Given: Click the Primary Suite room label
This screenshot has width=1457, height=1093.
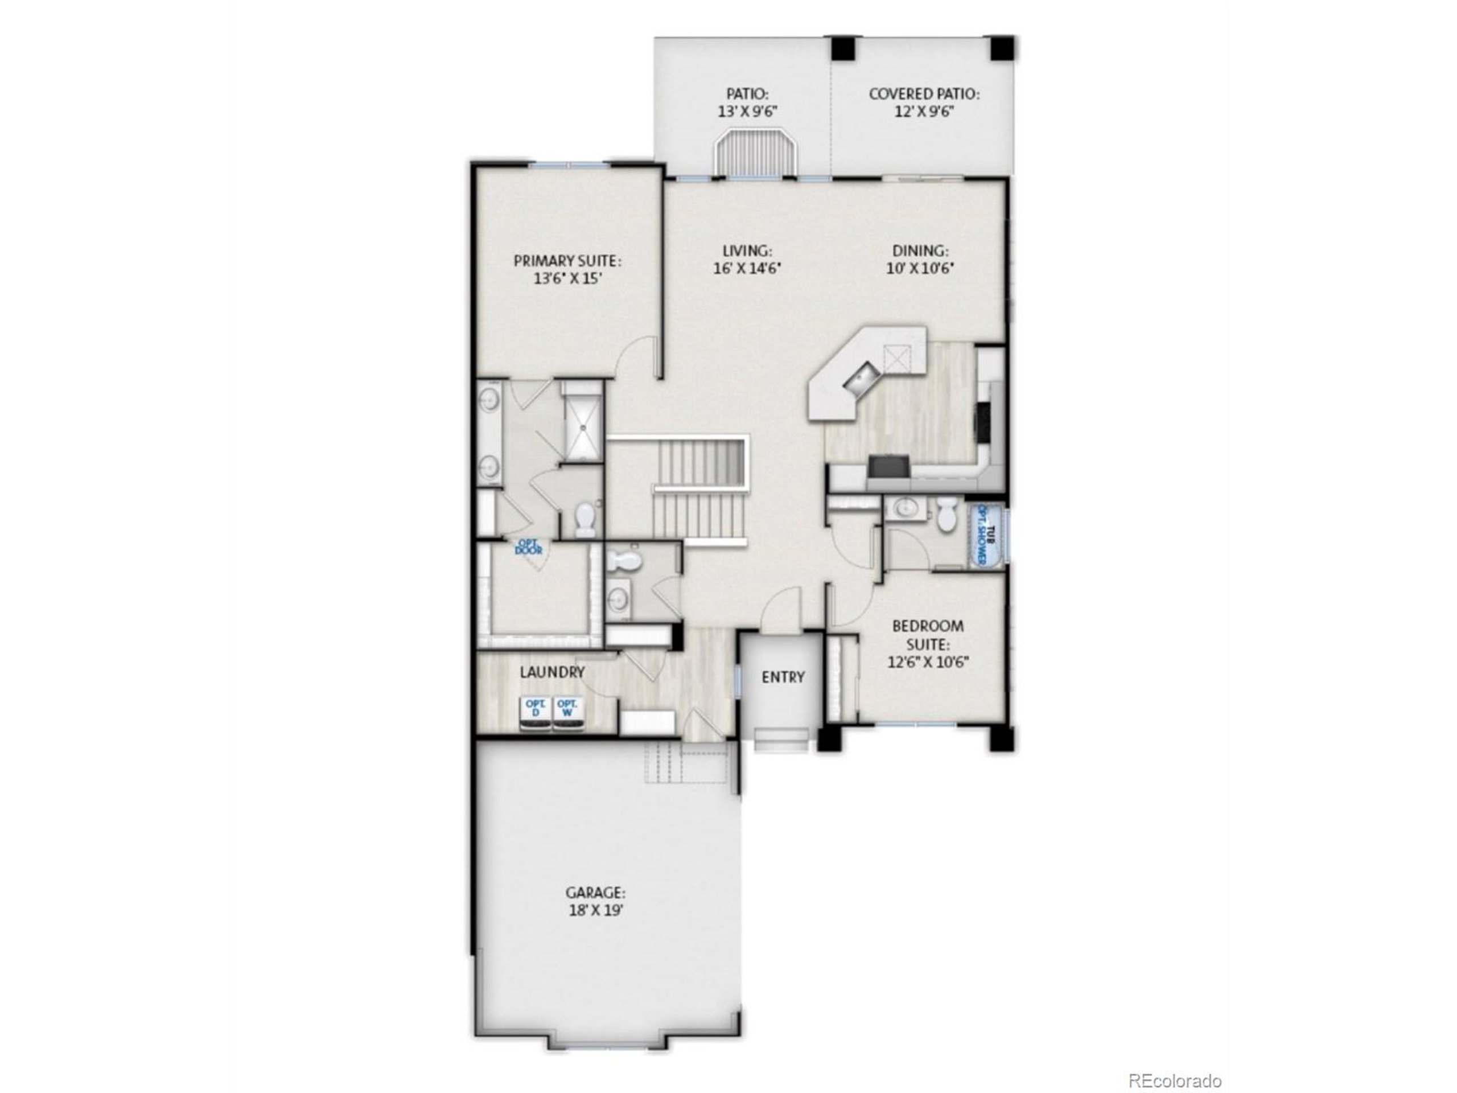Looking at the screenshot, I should click(x=567, y=261).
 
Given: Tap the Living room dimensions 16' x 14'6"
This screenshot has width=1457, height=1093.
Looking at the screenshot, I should click(x=747, y=268).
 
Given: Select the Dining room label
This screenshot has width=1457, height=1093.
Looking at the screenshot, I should click(x=920, y=251).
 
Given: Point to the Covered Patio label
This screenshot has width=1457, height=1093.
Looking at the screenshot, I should click(x=924, y=94).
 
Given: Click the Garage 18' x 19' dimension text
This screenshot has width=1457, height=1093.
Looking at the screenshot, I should click(x=595, y=910).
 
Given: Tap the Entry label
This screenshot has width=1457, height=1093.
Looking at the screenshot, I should click(x=783, y=677).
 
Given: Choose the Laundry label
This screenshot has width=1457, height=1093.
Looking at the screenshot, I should click(x=552, y=672).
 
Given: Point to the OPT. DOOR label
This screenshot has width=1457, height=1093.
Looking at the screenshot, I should click(x=528, y=546).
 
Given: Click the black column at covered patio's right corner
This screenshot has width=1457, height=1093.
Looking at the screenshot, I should click(x=1002, y=47).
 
